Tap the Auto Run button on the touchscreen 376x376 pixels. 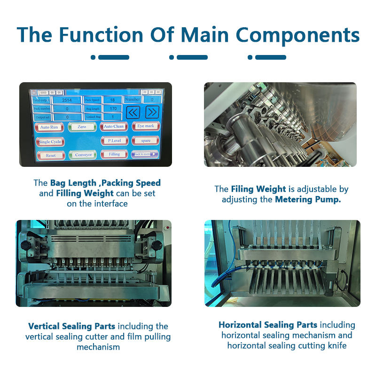[x=48, y=127]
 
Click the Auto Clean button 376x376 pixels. [x=114, y=126]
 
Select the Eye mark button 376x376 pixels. [x=146, y=126]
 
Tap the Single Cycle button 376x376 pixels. [x=50, y=141]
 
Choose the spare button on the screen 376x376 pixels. [x=146, y=140]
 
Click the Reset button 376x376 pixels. [x=50, y=155]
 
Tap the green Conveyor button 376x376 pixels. [x=83, y=155]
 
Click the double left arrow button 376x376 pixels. [x=133, y=112]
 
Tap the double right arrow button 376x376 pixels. [x=151, y=112]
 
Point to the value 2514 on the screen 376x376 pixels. [x=67, y=100]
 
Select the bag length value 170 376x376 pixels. [x=113, y=109]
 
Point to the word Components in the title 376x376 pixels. [x=298, y=35]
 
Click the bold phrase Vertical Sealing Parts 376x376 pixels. [x=72, y=326]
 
